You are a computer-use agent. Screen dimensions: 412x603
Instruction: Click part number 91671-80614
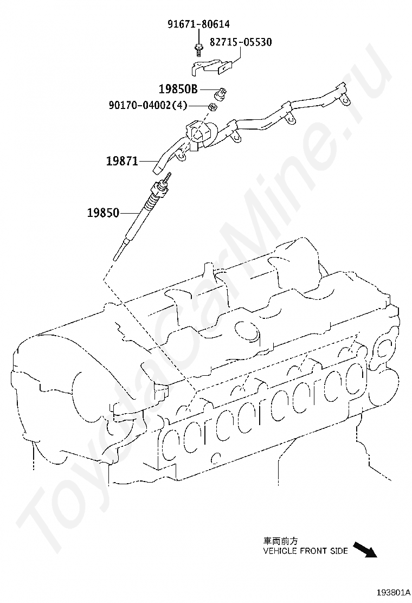click(x=198, y=24)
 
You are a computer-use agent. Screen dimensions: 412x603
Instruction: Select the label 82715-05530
click(x=241, y=42)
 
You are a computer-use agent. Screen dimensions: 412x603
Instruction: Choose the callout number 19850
click(x=103, y=213)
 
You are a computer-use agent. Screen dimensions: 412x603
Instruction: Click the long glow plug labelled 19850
click(x=141, y=217)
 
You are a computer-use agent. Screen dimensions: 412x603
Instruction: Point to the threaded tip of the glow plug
click(x=168, y=177)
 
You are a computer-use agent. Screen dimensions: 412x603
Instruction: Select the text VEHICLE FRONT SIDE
click(x=305, y=551)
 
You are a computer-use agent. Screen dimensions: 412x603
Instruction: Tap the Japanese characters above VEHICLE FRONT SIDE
click(x=280, y=541)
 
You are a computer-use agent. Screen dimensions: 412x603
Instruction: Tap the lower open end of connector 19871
click(x=158, y=169)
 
